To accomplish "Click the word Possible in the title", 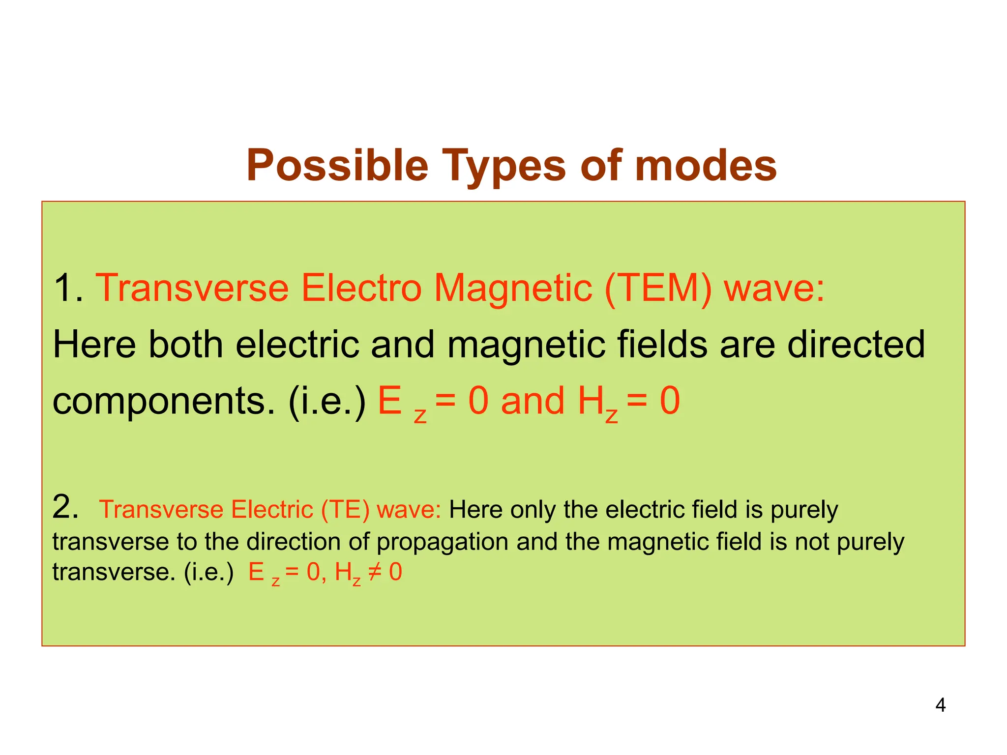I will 337,166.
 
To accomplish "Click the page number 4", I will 940,705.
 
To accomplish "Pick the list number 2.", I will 65,507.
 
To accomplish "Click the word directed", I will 856,345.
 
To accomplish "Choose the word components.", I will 164,402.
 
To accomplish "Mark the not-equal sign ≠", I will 375,572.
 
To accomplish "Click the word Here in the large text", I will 94,345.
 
